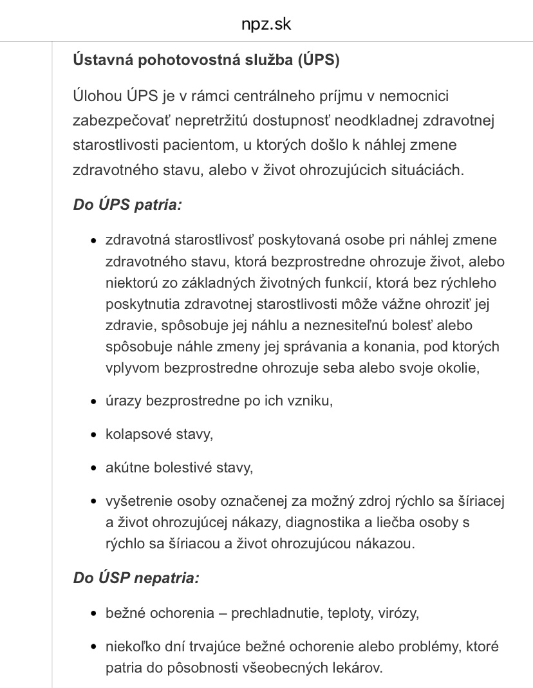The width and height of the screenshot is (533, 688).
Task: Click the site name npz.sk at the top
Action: pyautogui.click(x=266, y=24)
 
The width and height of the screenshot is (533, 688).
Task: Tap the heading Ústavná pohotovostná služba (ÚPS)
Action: pyautogui.click(x=206, y=60)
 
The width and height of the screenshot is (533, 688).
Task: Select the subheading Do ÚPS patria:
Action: pyautogui.click(x=127, y=205)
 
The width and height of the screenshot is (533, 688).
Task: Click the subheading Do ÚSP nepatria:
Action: pyautogui.click(x=136, y=578)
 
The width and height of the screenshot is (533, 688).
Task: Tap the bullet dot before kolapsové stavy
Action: pyautogui.click(x=93, y=434)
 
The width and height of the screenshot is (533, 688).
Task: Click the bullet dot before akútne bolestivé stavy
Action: pyautogui.click(x=93, y=468)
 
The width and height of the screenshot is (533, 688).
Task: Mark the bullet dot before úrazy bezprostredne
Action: pyautogui.click(x=93, y=401)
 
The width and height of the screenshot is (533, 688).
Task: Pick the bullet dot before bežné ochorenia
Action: pyautogui.click(x=93, y=613)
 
